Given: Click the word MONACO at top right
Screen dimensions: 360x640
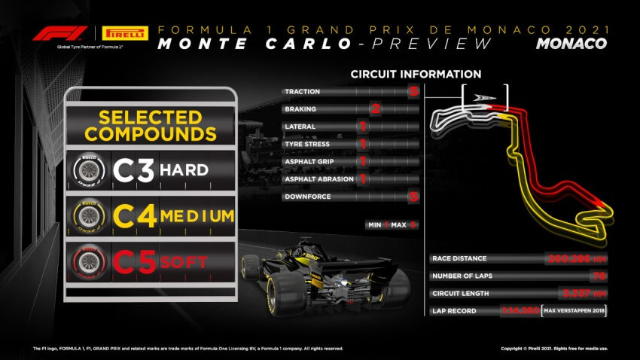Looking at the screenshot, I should pyautogui.click(x=571, y=43).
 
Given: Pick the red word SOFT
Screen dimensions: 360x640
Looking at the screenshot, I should pyautogui.click(x=185, y=262).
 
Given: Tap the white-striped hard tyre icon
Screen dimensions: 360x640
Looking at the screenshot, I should pyautogui.click(x=88, y=171).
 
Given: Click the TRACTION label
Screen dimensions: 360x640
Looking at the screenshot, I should pyautogui.click(x=302, y=92).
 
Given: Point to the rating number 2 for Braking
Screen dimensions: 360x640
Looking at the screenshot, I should pyautogui.click(x=373, y=109).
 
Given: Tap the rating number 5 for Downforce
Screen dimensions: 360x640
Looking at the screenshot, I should pyautogui.click(x=413, y=197).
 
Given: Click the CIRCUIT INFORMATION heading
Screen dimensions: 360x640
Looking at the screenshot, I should pyautogui.click(x=416, y=75).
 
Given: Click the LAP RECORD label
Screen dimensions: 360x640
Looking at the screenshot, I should pyautogui.click(x=456, y=311).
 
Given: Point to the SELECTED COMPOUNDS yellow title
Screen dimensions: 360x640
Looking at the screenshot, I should pyautogui.click(x=151, y=126).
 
